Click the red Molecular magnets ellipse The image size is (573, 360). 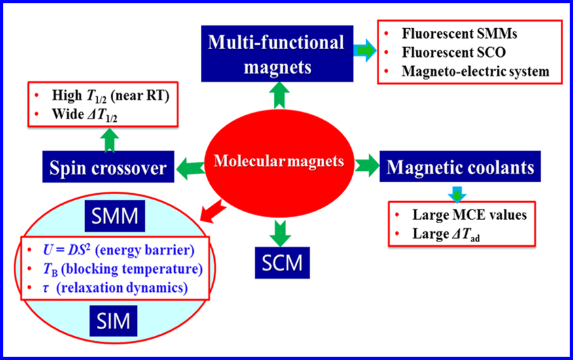click(x=279, y=163)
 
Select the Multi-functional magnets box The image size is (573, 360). click(x=277, y=54)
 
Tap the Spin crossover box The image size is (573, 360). click(x=108, y=167)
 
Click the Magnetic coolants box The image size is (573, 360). click(x=460, y=166)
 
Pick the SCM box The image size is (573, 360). click(x=282, y=262)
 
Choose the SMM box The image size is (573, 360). click(x=115, y=216)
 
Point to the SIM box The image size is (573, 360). click(x=113, y=321)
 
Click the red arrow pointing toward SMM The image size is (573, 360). click(x=213, y=211)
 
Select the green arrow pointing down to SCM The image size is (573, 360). click(x=280, y=233)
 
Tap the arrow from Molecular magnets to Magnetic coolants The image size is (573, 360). click(x=367, y=166)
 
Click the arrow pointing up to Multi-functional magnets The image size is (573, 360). click(x=279, y=96)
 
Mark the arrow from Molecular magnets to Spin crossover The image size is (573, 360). click(x=190, y=169)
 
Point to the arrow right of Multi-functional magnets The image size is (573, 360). click(x=365, y=50)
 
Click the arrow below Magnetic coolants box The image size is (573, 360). click(x=457, y=194)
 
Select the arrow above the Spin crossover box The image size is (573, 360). click(x=109, y=140)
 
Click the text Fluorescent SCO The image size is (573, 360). click(x=454, y=52)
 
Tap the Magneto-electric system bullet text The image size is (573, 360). click(x=475, y=71)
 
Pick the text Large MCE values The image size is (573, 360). click(x=470, y=215)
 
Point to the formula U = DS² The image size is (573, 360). click(x=67, y=250)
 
